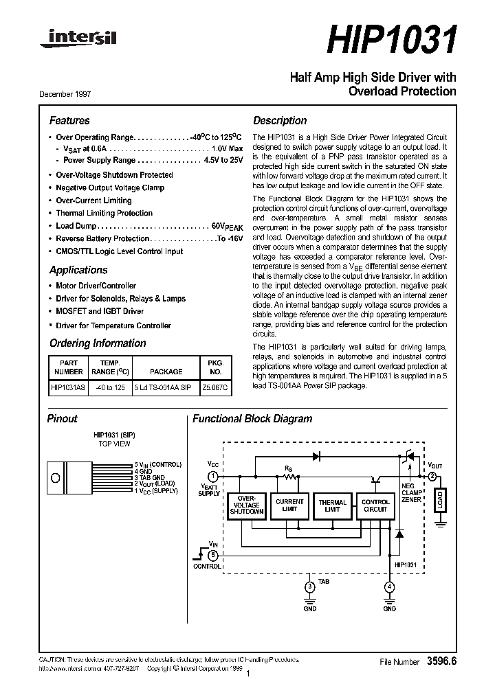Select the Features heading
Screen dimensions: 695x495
point(69,120)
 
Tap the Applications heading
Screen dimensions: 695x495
point(78,270)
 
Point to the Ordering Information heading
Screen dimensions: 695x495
point(98,343)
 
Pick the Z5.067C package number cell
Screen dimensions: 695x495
point(215,387)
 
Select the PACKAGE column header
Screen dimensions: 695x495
point(166,372)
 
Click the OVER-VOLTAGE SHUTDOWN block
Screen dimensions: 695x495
point(245,505)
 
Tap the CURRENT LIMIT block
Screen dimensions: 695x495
point(289,505)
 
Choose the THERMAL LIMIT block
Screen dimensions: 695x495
point(333,505)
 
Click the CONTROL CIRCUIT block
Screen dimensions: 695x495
point(375,505)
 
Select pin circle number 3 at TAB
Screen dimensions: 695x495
point(309,586)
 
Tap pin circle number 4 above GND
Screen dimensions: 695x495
point(389,586)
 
